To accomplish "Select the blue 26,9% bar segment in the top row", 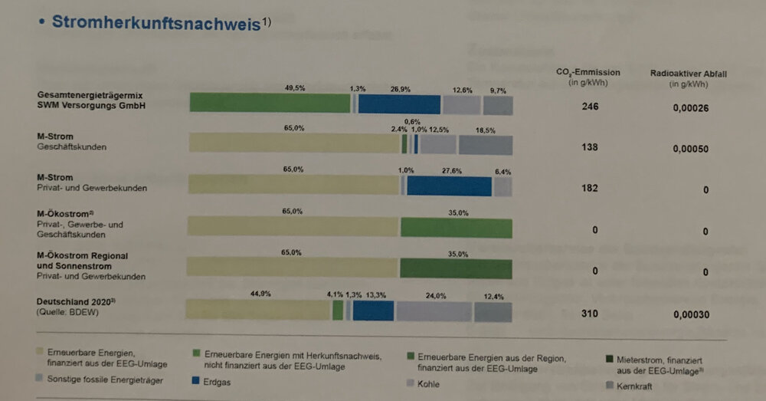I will point(399,104).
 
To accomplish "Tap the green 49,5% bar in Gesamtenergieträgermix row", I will point(270,104).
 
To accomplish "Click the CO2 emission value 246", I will point(590,107).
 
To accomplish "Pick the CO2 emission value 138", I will point(589,146).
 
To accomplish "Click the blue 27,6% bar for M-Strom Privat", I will point(449,186).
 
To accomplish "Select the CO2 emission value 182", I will point(589,188).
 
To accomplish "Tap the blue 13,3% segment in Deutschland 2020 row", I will point(374,311).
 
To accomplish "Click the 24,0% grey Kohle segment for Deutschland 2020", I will point(434,311).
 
